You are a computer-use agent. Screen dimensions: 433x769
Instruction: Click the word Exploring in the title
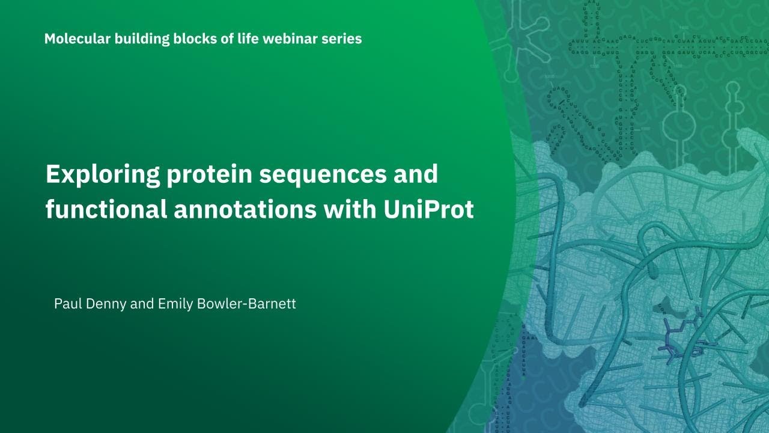coord(103,175)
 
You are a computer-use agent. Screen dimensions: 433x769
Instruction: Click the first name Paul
coord(67,304)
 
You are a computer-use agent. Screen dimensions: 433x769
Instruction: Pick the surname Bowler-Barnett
coord(246,304)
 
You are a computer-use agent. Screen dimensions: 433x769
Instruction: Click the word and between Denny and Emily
coord(142,304)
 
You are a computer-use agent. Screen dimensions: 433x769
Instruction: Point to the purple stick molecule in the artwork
coord(682,340)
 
